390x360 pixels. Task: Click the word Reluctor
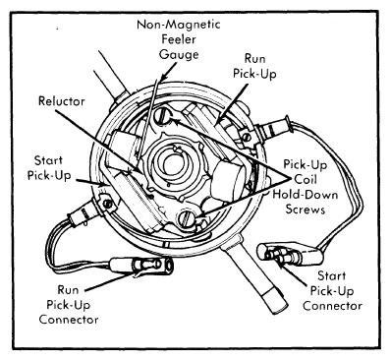(x=62, y=101)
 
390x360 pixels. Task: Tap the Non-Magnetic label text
(x=179, y=25)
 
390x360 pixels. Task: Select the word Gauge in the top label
(x=179, y=54)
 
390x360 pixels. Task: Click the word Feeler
(x=179, y=39)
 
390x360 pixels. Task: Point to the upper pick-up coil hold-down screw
(x=163, y=116)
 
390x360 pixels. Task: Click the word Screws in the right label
(x=306, y=210)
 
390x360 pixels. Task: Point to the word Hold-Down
(x=306, y=195)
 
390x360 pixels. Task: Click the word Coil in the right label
(x=306, y=180)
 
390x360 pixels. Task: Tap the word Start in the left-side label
(x=48, y=160)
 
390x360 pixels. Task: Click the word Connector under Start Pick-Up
(x=332, y=306)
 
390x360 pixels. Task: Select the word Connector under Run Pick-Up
(x=69, y=320)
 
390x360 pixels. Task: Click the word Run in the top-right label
(x=254, y=59)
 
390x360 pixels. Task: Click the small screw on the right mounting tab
(x=246, y=136)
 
